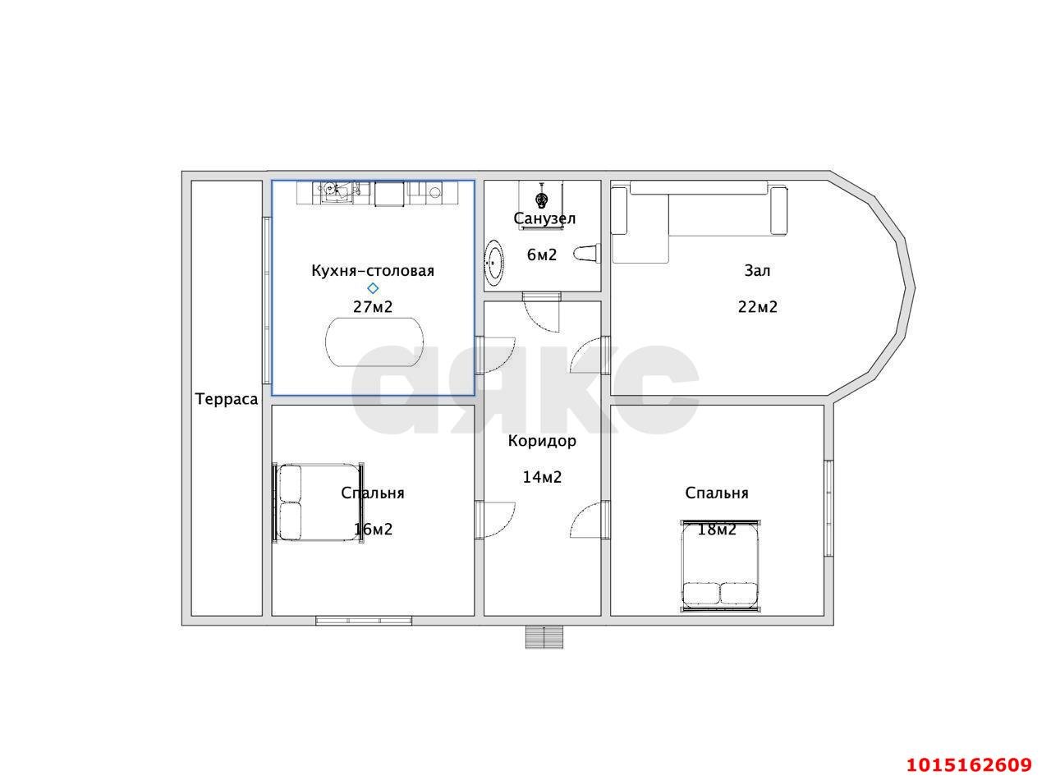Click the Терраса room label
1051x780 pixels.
pyautogui.click(x=227, y=400)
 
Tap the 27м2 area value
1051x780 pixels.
pyautogui.click(x=373, y=307)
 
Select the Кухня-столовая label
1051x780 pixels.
pyautogui.click(x=373, y=271)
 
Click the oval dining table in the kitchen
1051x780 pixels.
pyautogui.click(x=374, y=342)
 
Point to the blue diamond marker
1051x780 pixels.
pyautogui.click(x=373, y=288)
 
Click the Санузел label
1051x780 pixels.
pyautogui.click(x=544, y=218)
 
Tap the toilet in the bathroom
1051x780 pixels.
pyautogui.click(x=587, y=253)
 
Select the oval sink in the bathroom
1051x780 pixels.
pyautogui.click(x=494, y=263)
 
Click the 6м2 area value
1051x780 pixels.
pyautogui.click(x=542, y=255)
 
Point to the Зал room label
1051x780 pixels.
pyautogui.click(x=757, y=271)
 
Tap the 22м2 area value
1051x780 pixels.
pyautogui.click(x=757, y=307)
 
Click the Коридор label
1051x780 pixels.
pyautogui.click(x=542, y=441)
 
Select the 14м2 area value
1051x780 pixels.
pyautogui.click(x=542, y=477)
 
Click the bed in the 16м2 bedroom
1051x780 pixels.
pyautogui.click(x=318, y=502)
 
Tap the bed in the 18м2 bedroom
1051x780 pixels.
pyautogui.click(x=720, y=567)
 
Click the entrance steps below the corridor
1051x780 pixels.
pyautogui.click(x=544, y=637)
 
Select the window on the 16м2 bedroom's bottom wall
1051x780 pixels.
pyautogui.click(x=364, y=620)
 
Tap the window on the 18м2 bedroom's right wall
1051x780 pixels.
pyautogui.click(x=828, y=508)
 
